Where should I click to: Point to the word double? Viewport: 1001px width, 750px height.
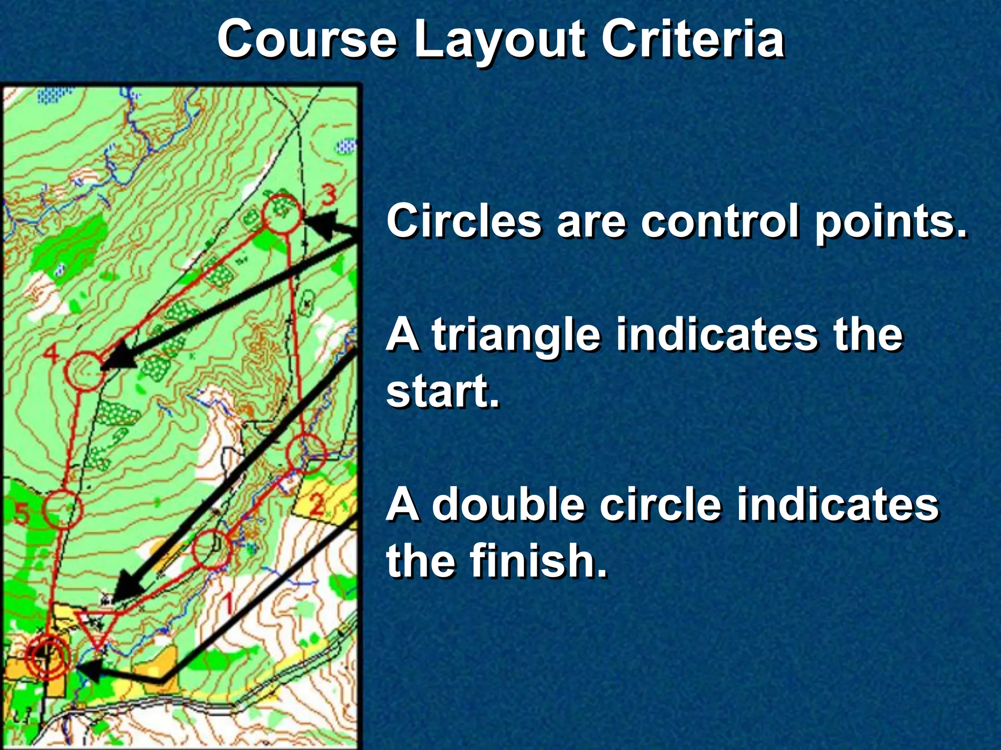click(x=508, y=505)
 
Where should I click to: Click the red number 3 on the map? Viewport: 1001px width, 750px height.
click(x=328, y=195)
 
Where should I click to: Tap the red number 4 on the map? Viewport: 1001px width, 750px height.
click(x=51, y=354)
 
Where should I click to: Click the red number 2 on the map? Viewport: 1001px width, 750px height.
click(x=317, y=505)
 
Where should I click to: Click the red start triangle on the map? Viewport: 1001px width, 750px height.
click(x=97, y=628)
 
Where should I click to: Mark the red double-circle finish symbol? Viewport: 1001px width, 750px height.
click(x=47, y=657)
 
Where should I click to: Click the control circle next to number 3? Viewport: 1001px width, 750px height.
click(x=281, y=212)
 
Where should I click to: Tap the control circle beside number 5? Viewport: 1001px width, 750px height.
click(x=63, y=509)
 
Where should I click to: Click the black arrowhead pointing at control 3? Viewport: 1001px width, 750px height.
click(x=323, y=224)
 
